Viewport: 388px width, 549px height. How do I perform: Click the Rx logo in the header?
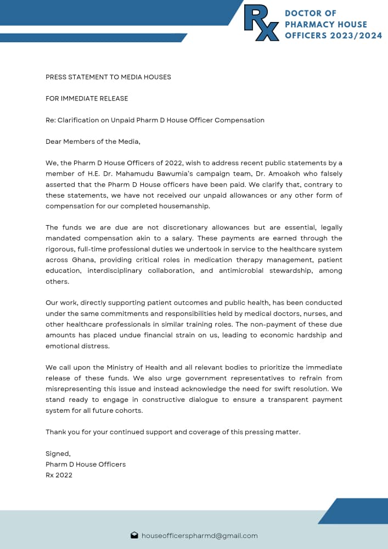point(262,23)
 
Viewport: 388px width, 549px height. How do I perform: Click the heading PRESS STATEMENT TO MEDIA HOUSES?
point(108,77)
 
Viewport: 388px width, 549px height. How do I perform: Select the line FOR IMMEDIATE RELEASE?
point(87,98)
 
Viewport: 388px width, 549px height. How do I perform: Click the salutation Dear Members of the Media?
point(93,142)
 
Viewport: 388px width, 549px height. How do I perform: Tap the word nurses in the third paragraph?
point(311,313)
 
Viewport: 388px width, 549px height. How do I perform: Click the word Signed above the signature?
point(58,453)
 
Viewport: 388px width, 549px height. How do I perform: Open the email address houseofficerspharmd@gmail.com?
point(199,535)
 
